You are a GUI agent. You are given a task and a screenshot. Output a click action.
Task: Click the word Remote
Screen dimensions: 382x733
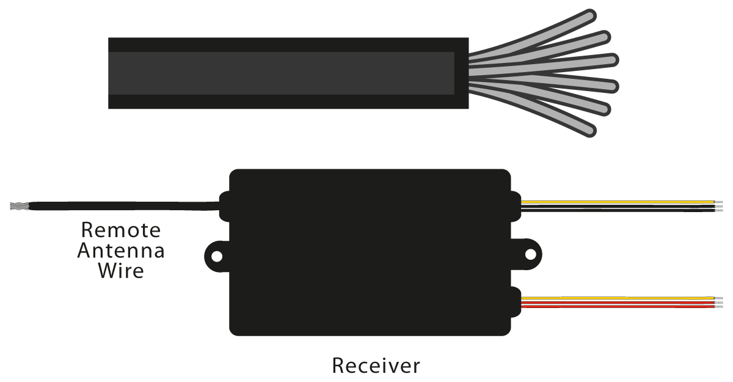[x=121, y=230]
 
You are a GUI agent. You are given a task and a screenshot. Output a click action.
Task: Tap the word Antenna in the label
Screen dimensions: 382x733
[x=121, y=251]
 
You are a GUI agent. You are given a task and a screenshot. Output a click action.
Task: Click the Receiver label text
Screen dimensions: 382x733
[x=376, y=365]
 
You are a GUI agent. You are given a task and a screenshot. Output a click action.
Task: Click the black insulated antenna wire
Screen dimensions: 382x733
[x=122, y=206]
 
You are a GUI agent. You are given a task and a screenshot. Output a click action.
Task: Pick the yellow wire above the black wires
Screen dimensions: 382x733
[x=617, y=202]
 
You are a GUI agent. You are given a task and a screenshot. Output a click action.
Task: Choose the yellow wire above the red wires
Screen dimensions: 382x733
[x=617, y=298]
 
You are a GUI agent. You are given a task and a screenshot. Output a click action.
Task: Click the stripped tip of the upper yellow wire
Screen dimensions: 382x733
[x=719, y=202]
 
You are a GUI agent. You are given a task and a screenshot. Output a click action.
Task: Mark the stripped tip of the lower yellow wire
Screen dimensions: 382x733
[x=719, y=298]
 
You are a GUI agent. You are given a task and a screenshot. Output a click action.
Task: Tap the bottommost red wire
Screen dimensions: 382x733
[x=617, y=306]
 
